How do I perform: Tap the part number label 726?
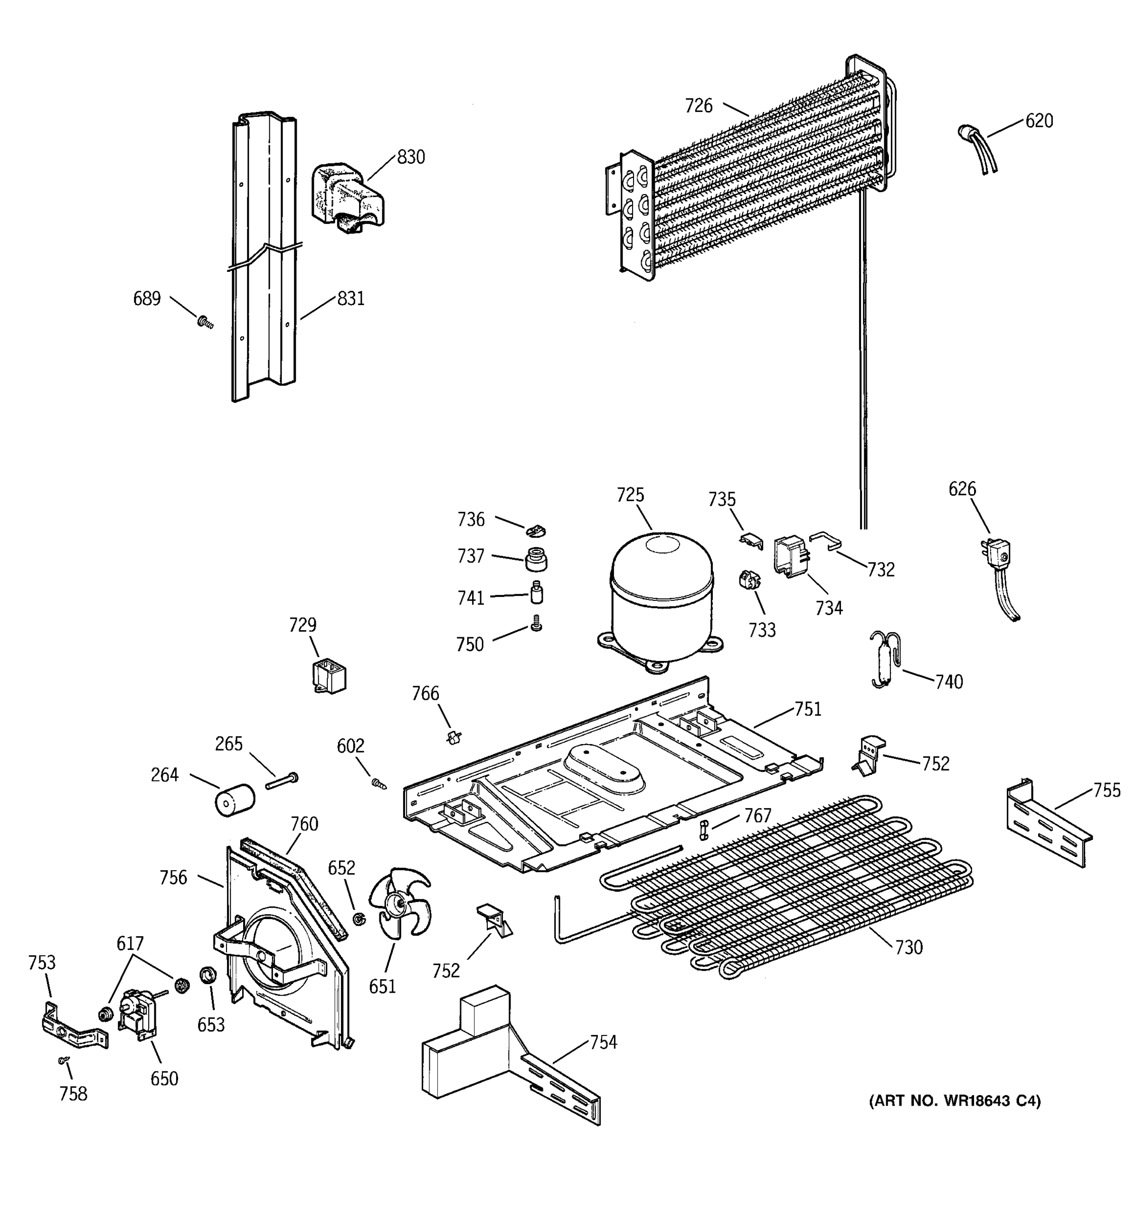click(699, 106)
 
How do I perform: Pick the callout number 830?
click(411, 157)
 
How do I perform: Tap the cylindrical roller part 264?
click(235, 800)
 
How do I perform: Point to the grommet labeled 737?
click(536, 559)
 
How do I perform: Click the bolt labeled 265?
click(282, 781)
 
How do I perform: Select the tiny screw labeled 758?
click(63, 1060)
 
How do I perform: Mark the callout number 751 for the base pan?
click(808, 709)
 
